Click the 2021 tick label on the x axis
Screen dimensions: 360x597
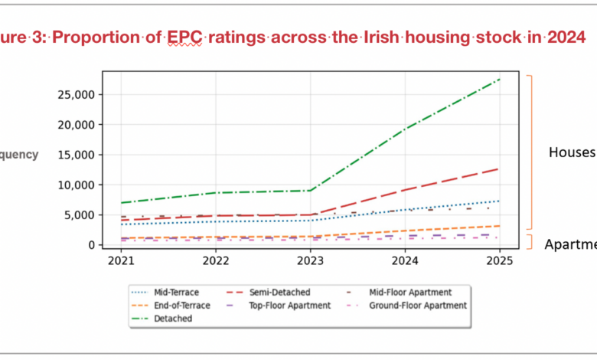[121, 260]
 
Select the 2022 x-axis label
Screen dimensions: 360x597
[216, 260]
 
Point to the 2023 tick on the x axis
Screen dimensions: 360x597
[310, 260]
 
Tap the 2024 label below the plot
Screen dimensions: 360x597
[405, 260]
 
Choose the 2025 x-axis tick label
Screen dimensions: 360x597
[499, 260]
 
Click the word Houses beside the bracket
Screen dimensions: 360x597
[572, 152]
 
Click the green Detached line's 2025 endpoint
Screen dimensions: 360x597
[499, 79]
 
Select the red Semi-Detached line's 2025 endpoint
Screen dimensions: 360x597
[499, 169]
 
